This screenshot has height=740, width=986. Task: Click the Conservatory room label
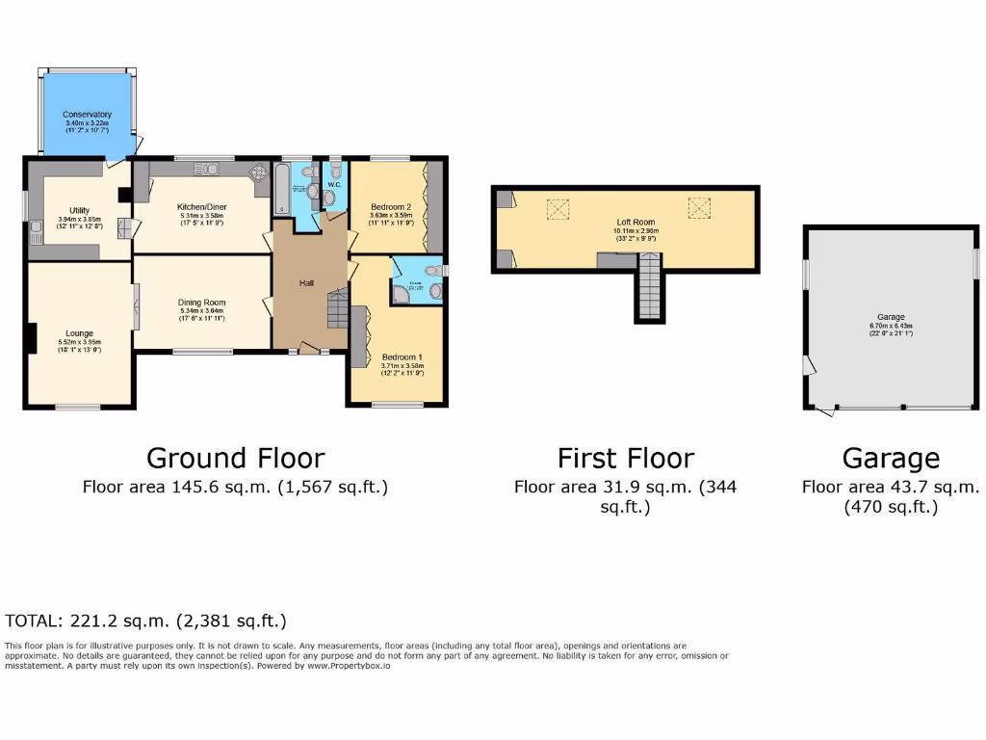(x=88, y=115)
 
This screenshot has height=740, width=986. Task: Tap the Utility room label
(x=79, y=210)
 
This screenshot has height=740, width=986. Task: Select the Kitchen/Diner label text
(x=201, y=207)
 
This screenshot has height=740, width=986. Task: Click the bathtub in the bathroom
(x=282, y=189)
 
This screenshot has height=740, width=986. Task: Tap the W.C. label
(x=334, y=184)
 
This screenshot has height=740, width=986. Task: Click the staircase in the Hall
(x=337, y=310)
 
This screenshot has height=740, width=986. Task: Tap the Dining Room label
(x=201, y=304)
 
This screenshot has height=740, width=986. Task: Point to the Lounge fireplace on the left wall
(x=31, y=338)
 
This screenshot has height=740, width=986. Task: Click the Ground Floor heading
(x=235, y=458)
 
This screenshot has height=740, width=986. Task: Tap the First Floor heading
(x=625, y=458)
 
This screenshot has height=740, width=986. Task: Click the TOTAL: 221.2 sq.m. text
(x=146, y=621)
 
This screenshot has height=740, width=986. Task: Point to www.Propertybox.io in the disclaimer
(x=349, y=665)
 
